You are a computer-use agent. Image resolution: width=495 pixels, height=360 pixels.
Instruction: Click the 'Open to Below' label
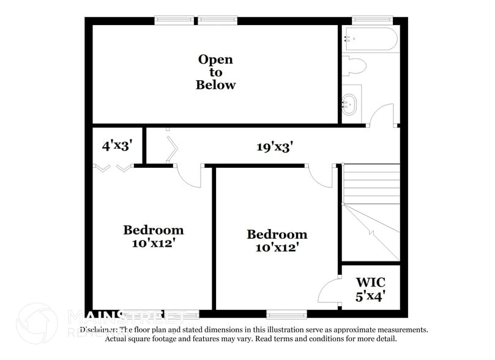pos(215,72)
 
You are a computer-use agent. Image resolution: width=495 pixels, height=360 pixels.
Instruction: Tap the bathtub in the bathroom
pos(371,39)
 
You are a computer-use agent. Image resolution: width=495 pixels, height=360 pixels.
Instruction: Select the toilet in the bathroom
pos(354,64)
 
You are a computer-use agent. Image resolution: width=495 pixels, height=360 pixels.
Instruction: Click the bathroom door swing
pos(382,114)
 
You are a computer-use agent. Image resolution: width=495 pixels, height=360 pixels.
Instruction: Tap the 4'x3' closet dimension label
pos(117,146)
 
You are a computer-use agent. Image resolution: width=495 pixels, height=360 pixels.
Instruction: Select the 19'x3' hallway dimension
pos(275,147)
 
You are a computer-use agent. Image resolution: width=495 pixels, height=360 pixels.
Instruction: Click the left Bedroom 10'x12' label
pos(153,236)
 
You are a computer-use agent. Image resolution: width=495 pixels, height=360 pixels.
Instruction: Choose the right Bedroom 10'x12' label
pos(277,241)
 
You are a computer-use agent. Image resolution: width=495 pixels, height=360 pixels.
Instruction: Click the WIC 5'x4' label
pos(371,290)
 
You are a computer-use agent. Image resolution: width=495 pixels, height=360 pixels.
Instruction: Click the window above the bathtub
pos(371,20)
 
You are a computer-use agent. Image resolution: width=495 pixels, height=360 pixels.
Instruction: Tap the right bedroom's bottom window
pos(286,315)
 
